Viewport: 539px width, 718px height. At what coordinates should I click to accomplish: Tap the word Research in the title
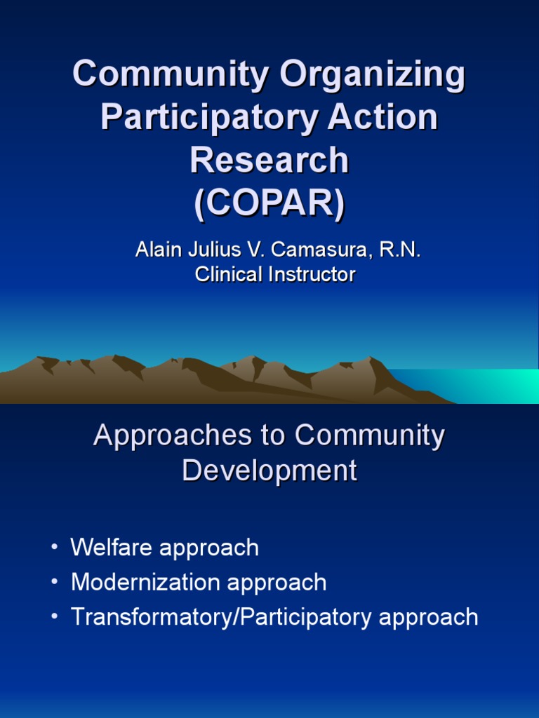click(269, 160)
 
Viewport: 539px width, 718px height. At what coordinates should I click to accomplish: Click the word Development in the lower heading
click(269, 470)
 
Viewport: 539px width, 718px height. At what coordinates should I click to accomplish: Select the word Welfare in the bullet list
click(112, 548)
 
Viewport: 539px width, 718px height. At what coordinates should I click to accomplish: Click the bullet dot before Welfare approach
click(55, 548)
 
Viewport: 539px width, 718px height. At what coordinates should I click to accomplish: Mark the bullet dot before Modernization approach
click(55, 583)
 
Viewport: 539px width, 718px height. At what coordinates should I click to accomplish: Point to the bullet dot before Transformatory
click(55, 617)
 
